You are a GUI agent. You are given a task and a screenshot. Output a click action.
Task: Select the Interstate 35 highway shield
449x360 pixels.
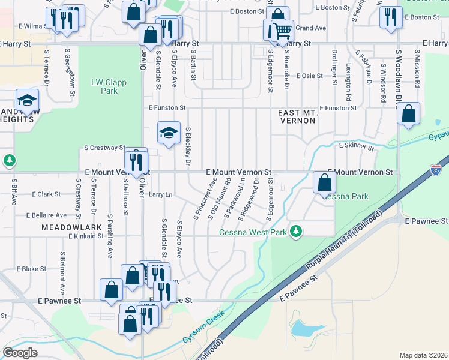(x=436, y=155)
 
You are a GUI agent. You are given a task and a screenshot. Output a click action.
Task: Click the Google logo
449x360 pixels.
(x=20, y=352)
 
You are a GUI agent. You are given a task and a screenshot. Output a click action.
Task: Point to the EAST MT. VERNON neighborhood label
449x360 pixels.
(x=297, y=116)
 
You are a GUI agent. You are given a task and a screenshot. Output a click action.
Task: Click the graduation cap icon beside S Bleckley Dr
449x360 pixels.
(x=169, y=132)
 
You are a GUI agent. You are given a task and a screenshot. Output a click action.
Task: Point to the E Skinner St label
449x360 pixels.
(x=357, y=146)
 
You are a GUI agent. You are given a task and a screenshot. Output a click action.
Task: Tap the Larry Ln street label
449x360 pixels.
(x=160, y=194)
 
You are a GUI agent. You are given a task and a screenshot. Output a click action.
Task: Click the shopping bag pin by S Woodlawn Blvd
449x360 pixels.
(x=408, y=113)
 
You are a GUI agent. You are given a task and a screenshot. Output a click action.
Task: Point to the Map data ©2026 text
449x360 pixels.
(x=424, y=355)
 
